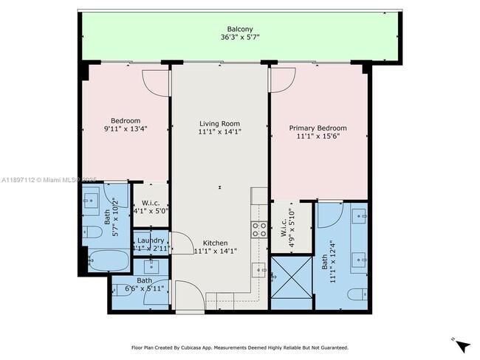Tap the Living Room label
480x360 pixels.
[219, 123]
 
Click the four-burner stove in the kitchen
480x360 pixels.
[259, 229]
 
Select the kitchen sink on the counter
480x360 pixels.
[259, 271]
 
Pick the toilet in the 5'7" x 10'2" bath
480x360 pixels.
[92, 232]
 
